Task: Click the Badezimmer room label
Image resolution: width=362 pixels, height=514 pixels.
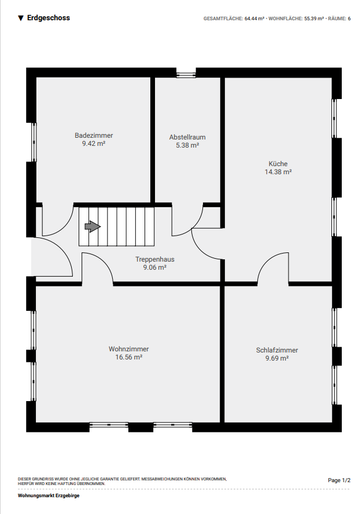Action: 94,135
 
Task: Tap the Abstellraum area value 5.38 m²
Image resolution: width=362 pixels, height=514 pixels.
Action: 187,145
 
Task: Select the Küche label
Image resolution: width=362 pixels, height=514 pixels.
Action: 278,164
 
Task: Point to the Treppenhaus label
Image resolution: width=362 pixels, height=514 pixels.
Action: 155,259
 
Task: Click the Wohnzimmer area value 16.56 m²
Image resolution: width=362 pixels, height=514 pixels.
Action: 129,357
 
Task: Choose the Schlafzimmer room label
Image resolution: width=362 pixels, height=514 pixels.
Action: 277,350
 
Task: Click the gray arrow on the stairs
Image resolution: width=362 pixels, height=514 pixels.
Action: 93,226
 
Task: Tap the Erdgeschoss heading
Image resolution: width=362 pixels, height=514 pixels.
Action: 49,18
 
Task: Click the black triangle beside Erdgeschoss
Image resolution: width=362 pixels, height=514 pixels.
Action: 21,19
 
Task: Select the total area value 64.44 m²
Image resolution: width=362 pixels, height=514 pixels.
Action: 254,19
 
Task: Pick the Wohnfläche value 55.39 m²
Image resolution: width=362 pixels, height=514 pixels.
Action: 314,19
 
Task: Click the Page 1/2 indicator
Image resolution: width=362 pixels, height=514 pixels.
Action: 339,480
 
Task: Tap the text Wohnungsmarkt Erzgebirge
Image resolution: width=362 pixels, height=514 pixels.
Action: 49,495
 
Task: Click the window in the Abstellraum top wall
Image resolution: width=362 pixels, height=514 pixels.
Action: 186,73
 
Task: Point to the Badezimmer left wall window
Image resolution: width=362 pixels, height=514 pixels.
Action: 34,142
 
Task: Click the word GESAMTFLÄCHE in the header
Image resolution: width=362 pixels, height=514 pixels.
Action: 223,19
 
